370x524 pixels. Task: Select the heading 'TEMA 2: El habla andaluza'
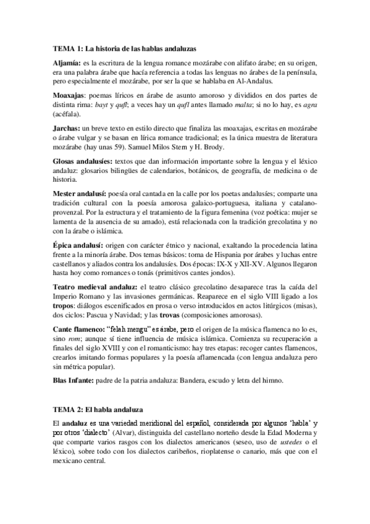pyautogui.click(x=98, y=410)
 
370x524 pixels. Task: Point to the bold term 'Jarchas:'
pyautogui.click(x=67, y=127)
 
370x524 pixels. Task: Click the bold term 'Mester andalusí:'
pyautogui.click(x=79, y=192)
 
